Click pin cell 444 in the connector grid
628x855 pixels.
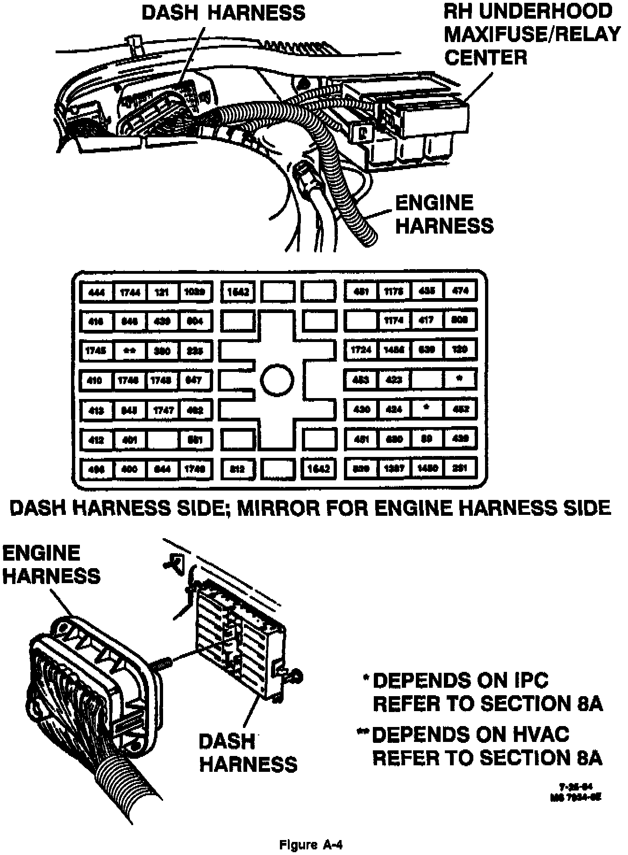(x=96, y=292)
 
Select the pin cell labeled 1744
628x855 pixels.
(x=129, y=292)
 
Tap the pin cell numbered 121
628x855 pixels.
(x=162, y=292)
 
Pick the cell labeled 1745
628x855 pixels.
(x=96, y=350)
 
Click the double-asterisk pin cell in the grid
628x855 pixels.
(x=129, y=350)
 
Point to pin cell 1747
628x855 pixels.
(x=163, y=410)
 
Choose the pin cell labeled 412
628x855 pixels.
(x=96, y=440)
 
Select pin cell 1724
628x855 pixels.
(x=361, y=349)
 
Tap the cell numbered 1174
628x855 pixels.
(x=393, y=321)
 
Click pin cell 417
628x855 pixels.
(x=427, y=321)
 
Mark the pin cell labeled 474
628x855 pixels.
(x=460, y=291)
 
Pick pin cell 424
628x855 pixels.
(x=393, y=409)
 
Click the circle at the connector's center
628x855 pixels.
(x=277, y=379)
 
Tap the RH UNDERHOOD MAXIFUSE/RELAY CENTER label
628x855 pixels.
(x=532, y=35)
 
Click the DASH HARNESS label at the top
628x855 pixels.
(x=223, y=13)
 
